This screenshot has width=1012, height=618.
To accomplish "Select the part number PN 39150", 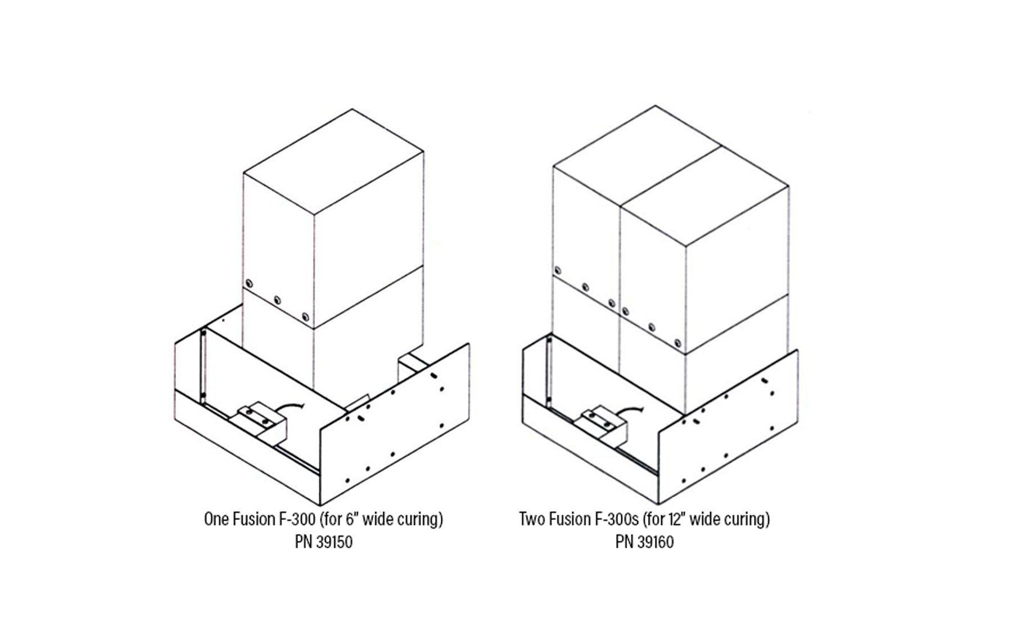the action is pyautogui.click(x=324, y=543).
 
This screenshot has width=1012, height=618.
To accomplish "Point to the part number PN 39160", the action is pyautogui.click(x=644, y=543).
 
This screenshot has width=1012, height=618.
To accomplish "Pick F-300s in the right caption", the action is pyautogui.click(x=616, y=520).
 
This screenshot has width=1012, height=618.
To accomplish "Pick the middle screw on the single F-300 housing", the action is pyautogui.click(x=276, y=299).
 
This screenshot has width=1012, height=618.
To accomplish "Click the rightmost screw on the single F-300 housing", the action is pyautogui.click(x=305, y=316).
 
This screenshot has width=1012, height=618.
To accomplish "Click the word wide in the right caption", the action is pyautogui.click(x=704, y=520).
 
